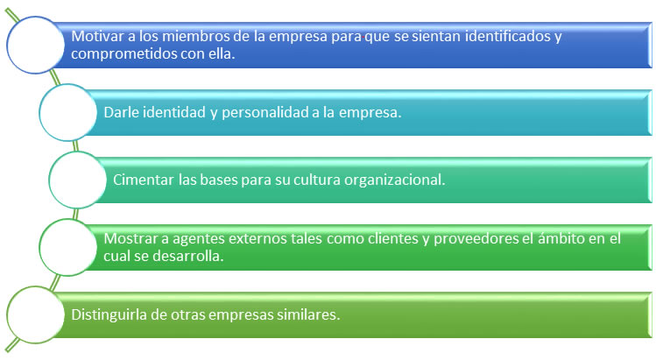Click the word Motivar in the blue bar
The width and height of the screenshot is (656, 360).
(97, 36)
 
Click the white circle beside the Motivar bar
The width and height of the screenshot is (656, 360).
(36, 46)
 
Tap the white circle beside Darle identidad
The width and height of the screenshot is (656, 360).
(68, 113)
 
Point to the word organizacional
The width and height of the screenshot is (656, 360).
(394, 180)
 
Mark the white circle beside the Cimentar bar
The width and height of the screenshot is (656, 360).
(78, 180)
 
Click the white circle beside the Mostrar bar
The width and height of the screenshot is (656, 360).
(68, 247)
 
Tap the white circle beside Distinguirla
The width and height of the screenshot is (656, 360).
(36, 314)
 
